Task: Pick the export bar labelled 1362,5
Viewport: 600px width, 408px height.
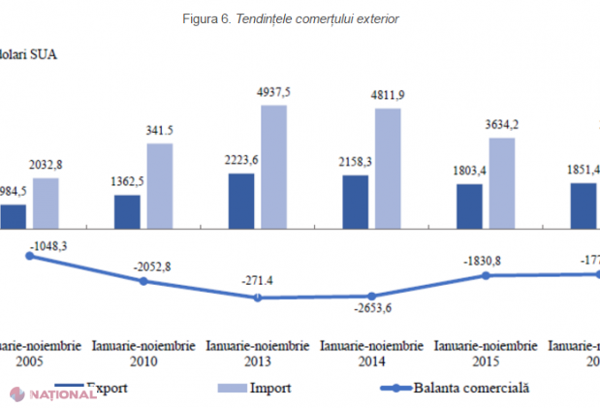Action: pyautogui.click(x=127, y=212)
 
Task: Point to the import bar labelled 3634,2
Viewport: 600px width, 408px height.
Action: pyautogui.click(x=501, y=184)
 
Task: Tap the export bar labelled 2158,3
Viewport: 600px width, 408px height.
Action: pyautogui.click(x=355, y=203)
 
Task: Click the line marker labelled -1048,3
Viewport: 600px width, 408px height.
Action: pyautogui.click(x=28, y=256)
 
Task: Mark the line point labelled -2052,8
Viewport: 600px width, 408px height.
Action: pyautogui.click(x=143, y=281)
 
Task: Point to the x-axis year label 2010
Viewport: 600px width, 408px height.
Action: pyautogui.click(x=143, y=361)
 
